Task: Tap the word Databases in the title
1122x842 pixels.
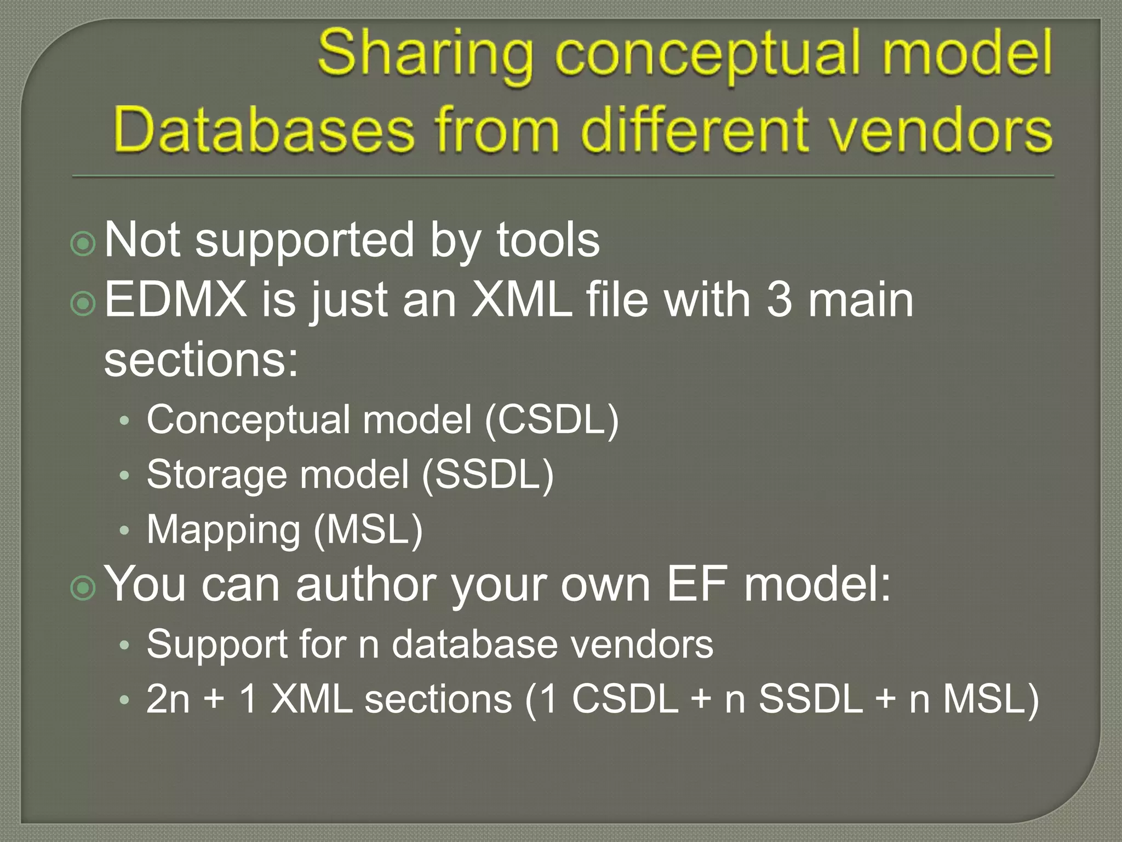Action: (x=263, y=130)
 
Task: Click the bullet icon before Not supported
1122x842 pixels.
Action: (x=83, y=243)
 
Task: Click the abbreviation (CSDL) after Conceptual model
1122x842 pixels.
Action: (x=552, y=420)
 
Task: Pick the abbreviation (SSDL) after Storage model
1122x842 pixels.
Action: (x=488, y=475)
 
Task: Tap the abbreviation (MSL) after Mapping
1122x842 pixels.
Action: (x=368, y=530)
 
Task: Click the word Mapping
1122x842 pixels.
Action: (x=224, y=531)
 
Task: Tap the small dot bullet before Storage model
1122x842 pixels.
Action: (x=125, y=475)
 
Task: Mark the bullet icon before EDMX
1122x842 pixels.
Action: (x=83, y=303)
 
